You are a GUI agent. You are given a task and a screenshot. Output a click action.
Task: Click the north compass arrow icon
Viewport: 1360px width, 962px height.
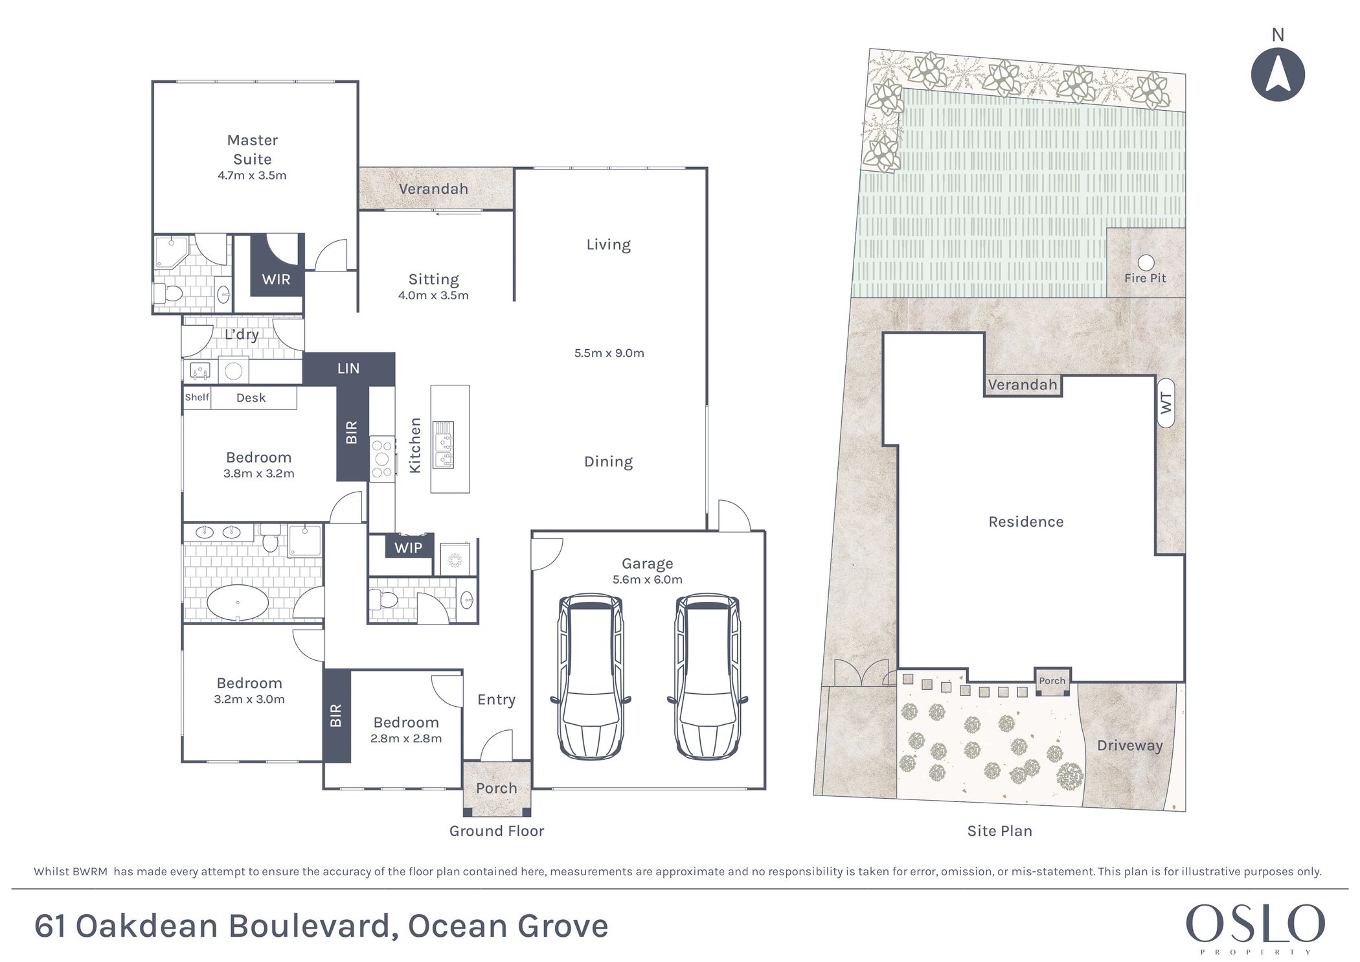[1277, 74]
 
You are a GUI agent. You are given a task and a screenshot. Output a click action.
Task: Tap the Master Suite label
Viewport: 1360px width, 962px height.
[252, 150]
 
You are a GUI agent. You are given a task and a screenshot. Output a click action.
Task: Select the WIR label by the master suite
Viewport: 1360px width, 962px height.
[276, 279]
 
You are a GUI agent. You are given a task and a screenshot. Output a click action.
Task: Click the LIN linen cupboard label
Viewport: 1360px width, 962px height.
[348, 368]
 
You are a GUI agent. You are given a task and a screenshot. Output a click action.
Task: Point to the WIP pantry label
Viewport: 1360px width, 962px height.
[408, 547]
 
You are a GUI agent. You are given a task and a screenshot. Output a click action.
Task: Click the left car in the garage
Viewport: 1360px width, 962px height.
[591, 676]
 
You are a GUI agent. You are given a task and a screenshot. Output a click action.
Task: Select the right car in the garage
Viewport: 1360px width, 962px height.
[707, 676]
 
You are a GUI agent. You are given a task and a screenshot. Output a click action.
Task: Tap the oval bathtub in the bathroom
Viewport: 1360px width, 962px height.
[237, 602]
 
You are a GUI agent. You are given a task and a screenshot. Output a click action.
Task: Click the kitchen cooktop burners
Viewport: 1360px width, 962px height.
[382, 459]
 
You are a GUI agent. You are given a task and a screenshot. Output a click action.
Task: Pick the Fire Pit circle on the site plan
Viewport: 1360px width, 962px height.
[1146, 262]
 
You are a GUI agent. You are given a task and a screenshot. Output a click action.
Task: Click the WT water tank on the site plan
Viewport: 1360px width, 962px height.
[1166, 403]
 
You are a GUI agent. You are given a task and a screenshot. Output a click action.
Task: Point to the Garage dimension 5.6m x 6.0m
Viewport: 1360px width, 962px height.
[648, 580]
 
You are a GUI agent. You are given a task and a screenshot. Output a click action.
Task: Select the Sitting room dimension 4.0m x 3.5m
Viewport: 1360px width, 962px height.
[433, 295]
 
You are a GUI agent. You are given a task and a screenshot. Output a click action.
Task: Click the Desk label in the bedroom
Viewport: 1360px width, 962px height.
[251, 398]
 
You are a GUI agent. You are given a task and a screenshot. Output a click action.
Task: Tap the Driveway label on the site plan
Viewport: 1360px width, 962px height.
[1129, 746]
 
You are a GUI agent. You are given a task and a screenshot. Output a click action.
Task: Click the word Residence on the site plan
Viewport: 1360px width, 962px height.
[1026, 521]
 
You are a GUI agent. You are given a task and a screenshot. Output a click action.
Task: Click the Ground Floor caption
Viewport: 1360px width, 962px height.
[497, 830]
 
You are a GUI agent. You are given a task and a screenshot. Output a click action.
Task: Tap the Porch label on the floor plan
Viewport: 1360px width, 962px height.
[496, 788]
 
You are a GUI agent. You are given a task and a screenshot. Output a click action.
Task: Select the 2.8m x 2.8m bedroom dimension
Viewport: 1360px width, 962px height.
[406, 739]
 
